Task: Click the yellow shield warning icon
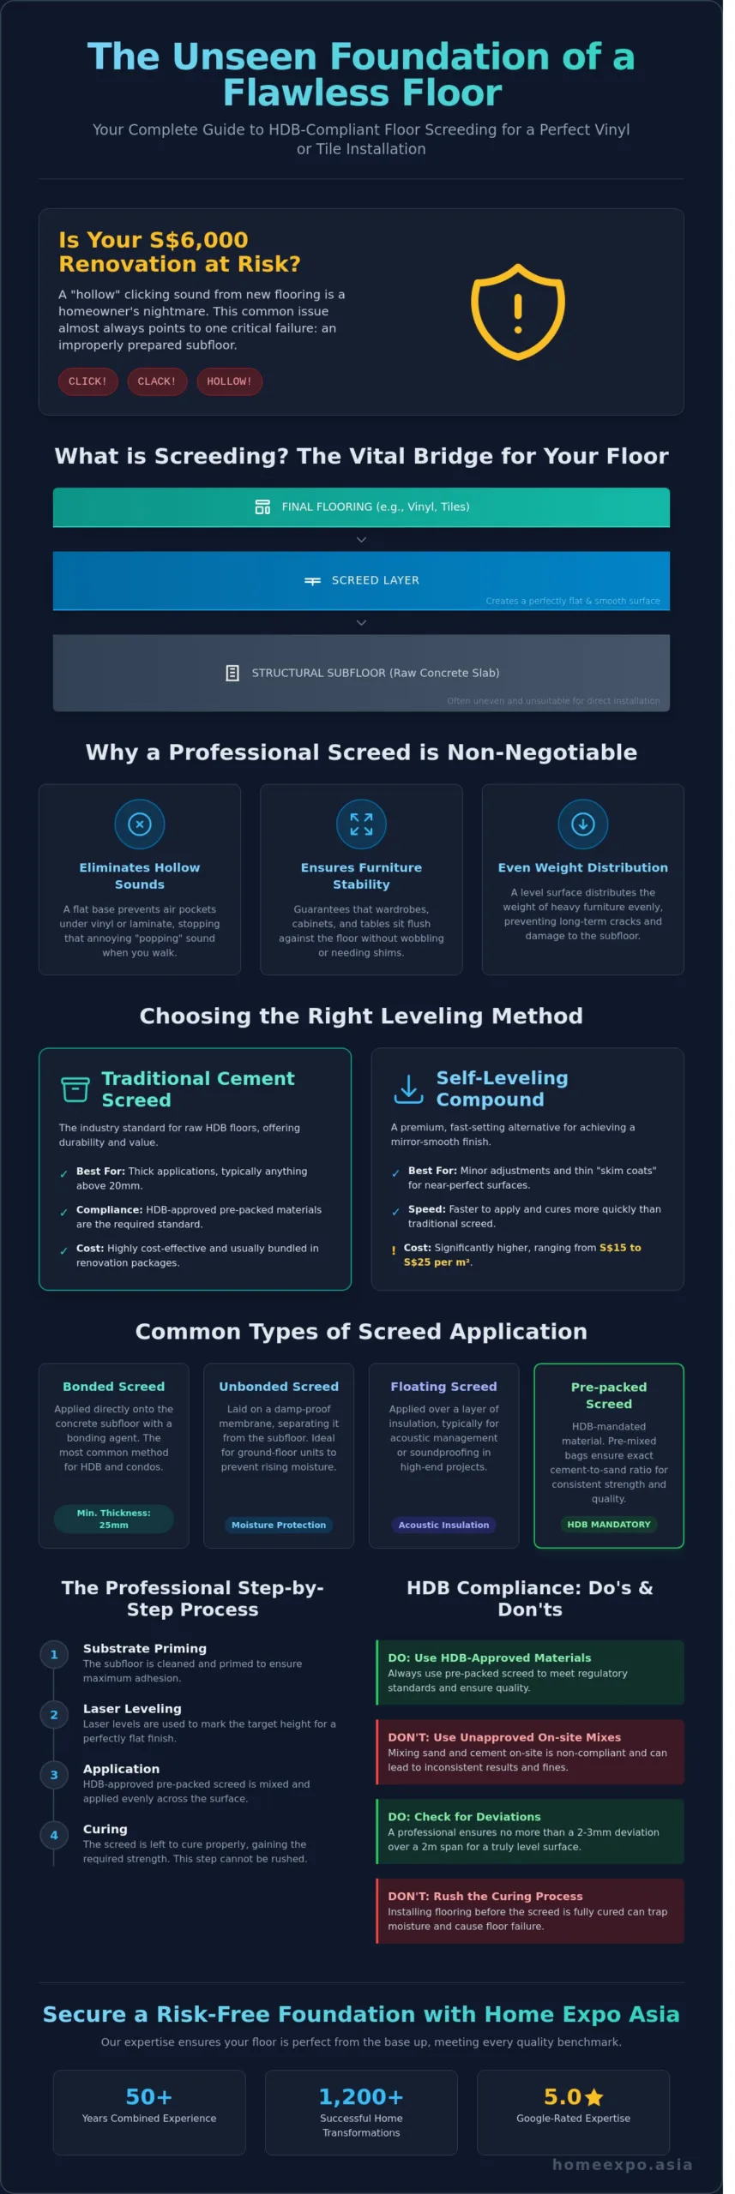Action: click(518, 311)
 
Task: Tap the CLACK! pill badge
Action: click(157, 381)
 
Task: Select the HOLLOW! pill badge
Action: click(230, 381)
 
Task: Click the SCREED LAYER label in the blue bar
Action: click(376, 580)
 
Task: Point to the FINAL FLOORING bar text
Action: click(376, 507)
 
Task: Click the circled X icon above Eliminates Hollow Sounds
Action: click(140, 824)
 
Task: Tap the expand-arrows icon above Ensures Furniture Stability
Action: click(361, 824)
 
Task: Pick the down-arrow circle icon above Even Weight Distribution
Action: click(583, 824)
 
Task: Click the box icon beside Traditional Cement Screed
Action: click(75, 1089)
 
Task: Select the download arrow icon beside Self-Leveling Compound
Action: click(409, 1088)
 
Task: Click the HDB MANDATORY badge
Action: click(609, 1524)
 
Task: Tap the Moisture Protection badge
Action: click(279, 1525)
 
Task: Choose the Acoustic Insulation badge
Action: click(443, 1525)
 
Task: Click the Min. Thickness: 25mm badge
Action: click(114, 1519)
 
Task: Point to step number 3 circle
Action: click(54, 1775)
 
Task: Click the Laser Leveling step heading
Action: click(132, 1709)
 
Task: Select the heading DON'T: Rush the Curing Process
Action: click(485, 1897)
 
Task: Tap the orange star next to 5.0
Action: click(594, 2097)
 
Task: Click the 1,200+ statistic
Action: click(361, 2096)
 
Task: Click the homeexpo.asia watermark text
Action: click(623, 2164)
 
